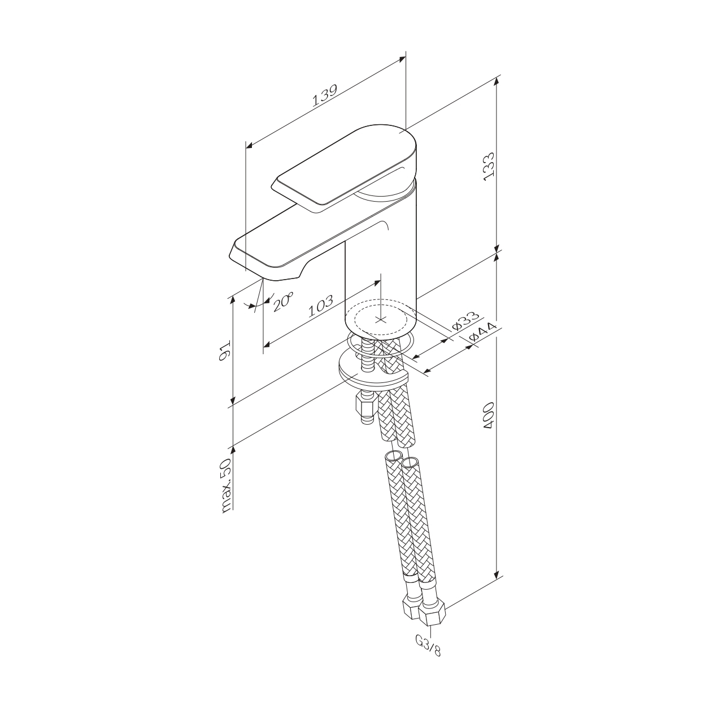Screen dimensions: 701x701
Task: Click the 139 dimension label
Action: click(x=325, y=95)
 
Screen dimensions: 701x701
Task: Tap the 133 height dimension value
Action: click(x=490, y=164)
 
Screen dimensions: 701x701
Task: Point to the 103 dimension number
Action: click(x=321, y=306)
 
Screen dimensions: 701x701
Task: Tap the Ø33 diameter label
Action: click(x=465, y=321)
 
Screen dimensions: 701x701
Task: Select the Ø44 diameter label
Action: click(x=483, y=332)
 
